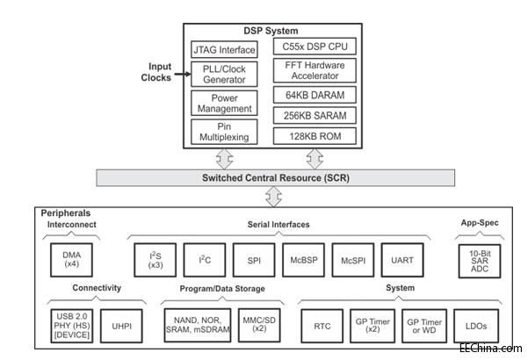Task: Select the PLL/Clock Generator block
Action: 225,76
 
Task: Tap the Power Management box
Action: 225,104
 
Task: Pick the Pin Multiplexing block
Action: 225,132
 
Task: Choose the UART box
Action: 402,260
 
